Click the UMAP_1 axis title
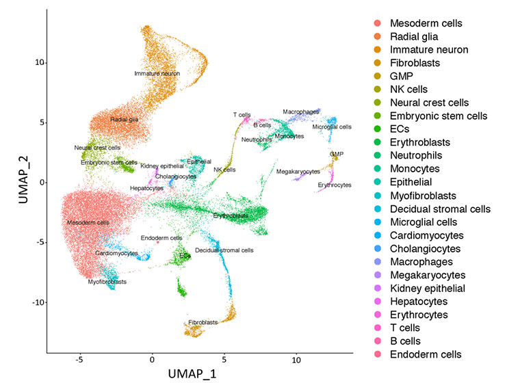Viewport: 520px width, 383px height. (x=201, y=374)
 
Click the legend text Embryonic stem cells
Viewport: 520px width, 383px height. (x=439, y=116)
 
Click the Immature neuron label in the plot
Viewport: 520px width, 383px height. (x=157, y=72)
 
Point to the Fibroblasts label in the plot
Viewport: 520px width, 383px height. (x=203, y=322)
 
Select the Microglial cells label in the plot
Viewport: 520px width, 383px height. (x=332, y=127)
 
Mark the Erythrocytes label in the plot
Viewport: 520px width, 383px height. (x=335, y=185)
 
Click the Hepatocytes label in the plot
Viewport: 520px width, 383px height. (x=146, y=187)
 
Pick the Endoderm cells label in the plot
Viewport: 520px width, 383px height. (x=161, y=238)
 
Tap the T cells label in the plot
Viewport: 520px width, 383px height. (x=242, y=114)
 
